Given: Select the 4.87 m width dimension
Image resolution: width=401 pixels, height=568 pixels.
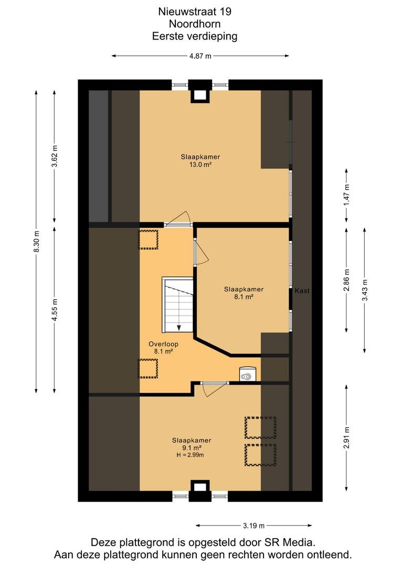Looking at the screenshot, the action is click(x=200, y=56).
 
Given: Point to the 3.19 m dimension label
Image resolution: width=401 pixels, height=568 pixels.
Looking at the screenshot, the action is click(x=254, y=525).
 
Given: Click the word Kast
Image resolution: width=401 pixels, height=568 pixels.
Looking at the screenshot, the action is click(x=302, y=290).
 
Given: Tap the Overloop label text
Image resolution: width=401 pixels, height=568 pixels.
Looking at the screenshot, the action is click(x=163, y=344).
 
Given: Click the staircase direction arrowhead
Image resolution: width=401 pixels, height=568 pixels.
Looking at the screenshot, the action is click(x=179, y=328).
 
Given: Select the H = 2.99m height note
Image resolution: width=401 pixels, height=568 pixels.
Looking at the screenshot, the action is click(x=190, y=455).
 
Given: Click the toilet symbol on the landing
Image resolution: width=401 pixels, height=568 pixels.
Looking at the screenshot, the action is click(x=248, y=374).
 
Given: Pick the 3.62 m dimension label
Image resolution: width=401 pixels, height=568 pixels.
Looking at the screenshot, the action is click(x=54, y=156).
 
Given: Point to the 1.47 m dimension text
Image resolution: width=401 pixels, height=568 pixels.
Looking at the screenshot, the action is click(x=346, y=195).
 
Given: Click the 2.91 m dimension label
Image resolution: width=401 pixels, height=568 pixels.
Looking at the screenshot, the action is click(x=346, y=438).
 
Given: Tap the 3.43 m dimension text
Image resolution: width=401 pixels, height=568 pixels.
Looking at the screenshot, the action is click(x=364, y=290).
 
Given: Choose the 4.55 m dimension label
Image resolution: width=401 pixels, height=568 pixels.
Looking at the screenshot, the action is click(x=54, y=310).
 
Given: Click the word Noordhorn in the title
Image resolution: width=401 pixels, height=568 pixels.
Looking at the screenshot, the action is click(x=195, y=24).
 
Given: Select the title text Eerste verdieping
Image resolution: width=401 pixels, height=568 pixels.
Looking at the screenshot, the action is click(x=195, y=36).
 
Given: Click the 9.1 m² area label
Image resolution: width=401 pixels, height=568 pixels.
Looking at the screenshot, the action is click(x=192, y=448).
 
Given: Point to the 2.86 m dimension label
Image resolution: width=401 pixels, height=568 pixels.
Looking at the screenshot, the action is click(x=346, y=280).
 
